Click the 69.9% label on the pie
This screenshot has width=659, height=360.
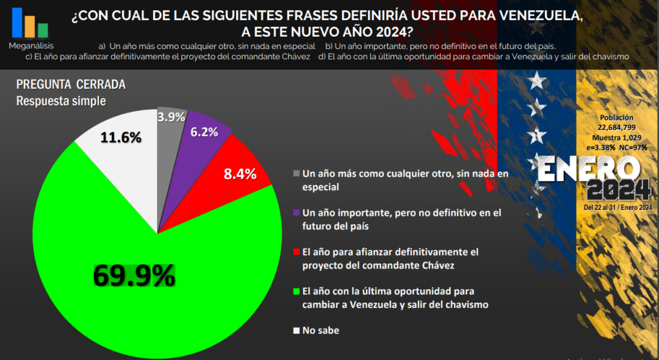coord(134,276)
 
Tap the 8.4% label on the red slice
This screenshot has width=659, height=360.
coord(240,174)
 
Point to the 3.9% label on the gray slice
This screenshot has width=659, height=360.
coord(172,117)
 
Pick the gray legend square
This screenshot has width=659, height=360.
coord(296,173)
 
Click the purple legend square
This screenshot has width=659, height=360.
coord(296,213)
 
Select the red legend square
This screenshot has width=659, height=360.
coord(296,252)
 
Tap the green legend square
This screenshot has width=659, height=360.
coord(296,291)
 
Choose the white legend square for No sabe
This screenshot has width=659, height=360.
coord(296,330)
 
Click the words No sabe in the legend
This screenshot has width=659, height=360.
coord(320,330)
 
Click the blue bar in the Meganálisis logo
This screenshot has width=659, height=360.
coord(17,22)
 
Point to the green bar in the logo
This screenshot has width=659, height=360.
coord(43,30)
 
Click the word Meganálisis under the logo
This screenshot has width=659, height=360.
coord(32,46)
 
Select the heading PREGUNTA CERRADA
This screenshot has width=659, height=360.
coord(70,85)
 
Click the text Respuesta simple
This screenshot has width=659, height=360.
coord(60,100)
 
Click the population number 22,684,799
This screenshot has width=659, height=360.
coord(617,128)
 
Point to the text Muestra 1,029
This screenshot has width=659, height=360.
coord(617,137)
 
